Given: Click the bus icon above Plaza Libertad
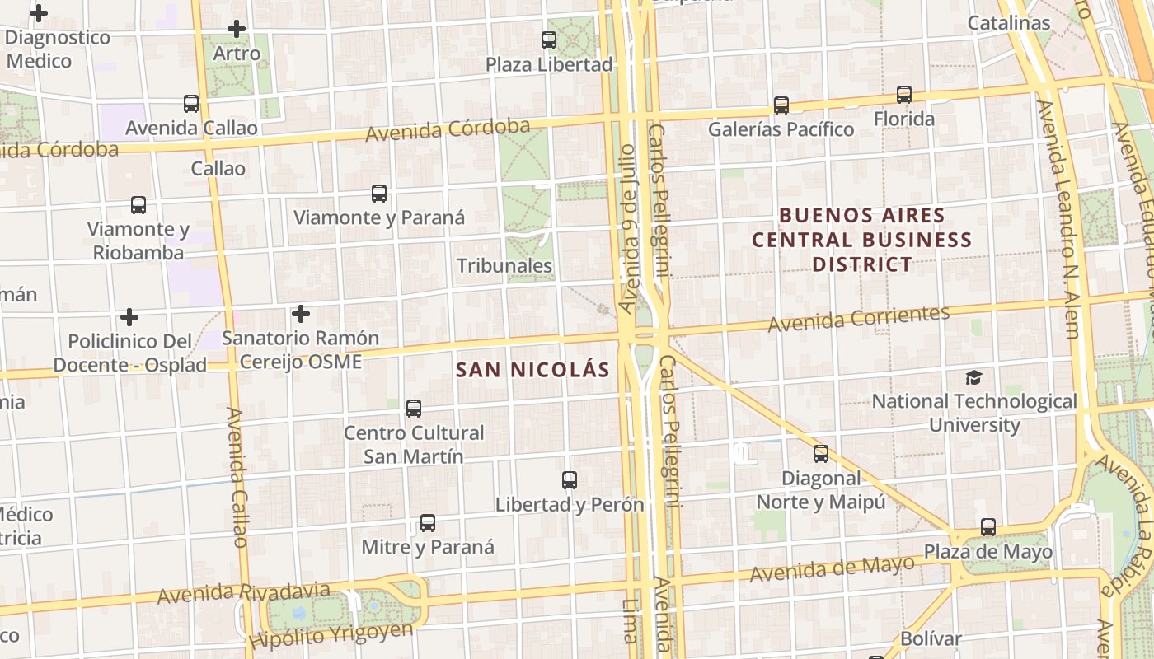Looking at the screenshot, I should [548, 40].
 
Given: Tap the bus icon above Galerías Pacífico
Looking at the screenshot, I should [781, 105].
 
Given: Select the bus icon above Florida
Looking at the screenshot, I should [904, 95].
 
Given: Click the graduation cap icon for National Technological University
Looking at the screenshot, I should [974, 377].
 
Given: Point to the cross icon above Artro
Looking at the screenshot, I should [237, 29].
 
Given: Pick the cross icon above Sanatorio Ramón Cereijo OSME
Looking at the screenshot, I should [301, 314].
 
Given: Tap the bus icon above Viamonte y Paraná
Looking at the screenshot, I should [379, 194].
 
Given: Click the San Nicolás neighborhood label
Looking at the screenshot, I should [533, 370].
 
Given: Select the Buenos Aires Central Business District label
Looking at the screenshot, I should [862, 240].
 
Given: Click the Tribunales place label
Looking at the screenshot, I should [504, 265].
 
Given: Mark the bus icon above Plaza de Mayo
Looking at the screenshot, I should [987, 527].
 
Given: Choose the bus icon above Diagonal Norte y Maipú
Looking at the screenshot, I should [821, 454].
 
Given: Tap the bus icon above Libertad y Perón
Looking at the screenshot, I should [569, 480].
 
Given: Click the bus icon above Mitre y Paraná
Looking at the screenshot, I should [428, 523].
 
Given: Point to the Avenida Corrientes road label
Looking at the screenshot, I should [859, 319].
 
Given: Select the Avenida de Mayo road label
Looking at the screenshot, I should [833, 568].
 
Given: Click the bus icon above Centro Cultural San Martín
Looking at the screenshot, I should [414, 409].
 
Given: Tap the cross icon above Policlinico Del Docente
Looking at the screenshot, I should [129, 317].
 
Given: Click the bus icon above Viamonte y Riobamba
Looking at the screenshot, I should [138, 205].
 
